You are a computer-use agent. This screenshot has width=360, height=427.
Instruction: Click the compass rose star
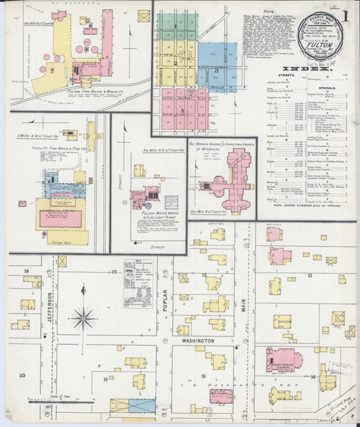pos(83,316)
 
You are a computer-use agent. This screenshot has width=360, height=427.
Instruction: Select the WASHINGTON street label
pos(198,341)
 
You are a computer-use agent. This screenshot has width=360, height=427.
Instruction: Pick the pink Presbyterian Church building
pos(282,359)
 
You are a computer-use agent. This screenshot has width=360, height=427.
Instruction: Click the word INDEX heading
pos(305,69)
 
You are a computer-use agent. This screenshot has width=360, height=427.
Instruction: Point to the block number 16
pos(202,376)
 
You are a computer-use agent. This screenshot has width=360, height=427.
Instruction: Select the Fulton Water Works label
pos(147,214)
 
